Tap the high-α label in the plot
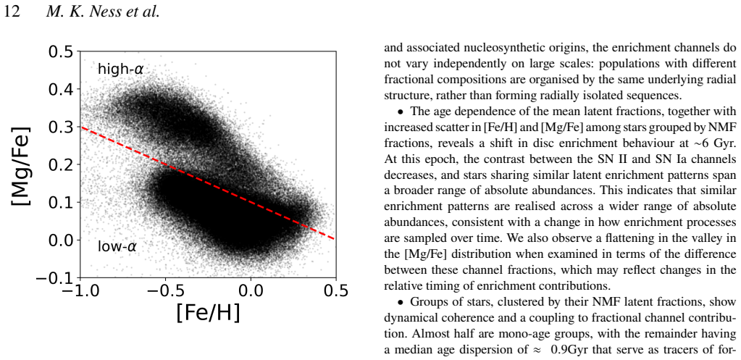click(x=120, y=70)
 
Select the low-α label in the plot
click(x=117, y=246)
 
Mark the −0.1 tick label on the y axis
click(x=55, y=278)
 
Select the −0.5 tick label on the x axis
click(x=166, y=291)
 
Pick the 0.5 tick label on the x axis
click(x=335, y=291)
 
